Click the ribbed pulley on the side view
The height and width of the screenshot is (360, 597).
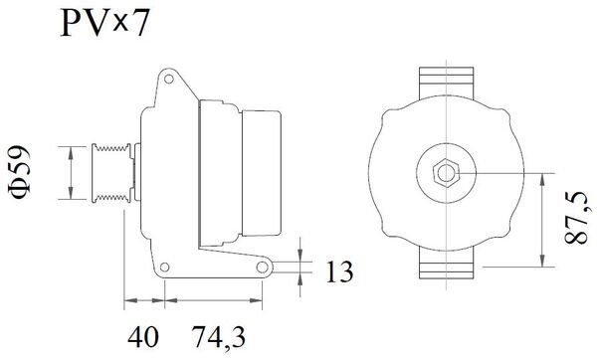[x=108, y=173]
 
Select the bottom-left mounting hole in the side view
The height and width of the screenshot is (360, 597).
[x=165, y=269]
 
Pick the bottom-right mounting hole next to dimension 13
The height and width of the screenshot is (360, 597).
[x=266, y=269]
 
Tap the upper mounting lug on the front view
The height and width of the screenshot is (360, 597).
[x=447, y=81]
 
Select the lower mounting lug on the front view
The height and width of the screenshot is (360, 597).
[x=447, y=264]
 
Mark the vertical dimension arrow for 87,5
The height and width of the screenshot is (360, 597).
[x=542, y=220]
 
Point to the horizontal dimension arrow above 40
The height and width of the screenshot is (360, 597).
[x=144, y=299]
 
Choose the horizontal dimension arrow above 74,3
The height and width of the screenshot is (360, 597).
[x=215, y=299]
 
